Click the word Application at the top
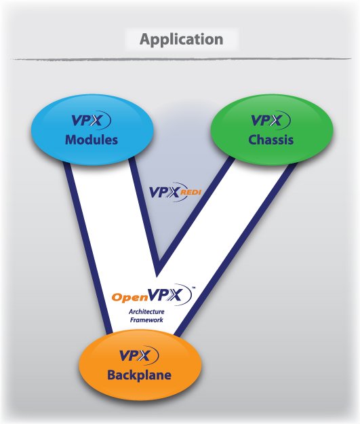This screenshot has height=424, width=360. tap(181, 40)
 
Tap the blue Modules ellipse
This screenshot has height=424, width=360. tap(92, 130)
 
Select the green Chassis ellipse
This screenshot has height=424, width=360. tap(272, 130)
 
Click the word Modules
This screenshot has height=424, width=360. tap(92, 140)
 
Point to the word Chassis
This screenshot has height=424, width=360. tap(271, 140)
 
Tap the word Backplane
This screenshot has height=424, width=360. tap(139, 375)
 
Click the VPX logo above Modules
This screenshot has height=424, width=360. tap(91, 120)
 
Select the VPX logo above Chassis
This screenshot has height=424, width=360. tap(271, 120)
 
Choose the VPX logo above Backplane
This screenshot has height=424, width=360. tap(139, 355)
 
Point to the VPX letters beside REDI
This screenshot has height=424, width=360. tap(164, 193)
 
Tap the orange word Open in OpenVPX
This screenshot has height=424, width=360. tap(127, 297)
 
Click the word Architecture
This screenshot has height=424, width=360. tap(146, 312)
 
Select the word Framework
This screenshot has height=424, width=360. tap(146, 320)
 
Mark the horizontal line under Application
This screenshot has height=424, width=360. tap(182, 58)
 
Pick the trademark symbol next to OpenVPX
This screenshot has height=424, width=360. tap(193, 288)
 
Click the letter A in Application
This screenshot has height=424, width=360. tap(145, 39)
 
